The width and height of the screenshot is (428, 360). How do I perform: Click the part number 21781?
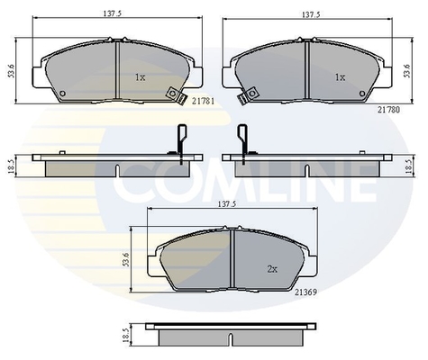click(x=204, y=102)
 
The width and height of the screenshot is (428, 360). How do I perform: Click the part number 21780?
click(x=388, y=110)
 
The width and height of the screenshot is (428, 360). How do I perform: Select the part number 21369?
click(x=305, y=292)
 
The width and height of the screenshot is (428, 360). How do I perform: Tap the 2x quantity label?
click(x=272, y=269)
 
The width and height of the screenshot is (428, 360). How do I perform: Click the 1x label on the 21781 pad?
click(x=140, y=77)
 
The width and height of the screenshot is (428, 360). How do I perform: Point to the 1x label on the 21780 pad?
click(x=340, y=77)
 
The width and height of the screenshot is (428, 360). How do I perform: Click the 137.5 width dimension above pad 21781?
click(x=114, y=13)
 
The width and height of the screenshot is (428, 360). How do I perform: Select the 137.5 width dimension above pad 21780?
click(x=311, y=14)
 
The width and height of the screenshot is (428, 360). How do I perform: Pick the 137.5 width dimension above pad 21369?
click(x=227, y=204)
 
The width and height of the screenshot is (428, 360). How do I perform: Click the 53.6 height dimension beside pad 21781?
click(x=12, y=71)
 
